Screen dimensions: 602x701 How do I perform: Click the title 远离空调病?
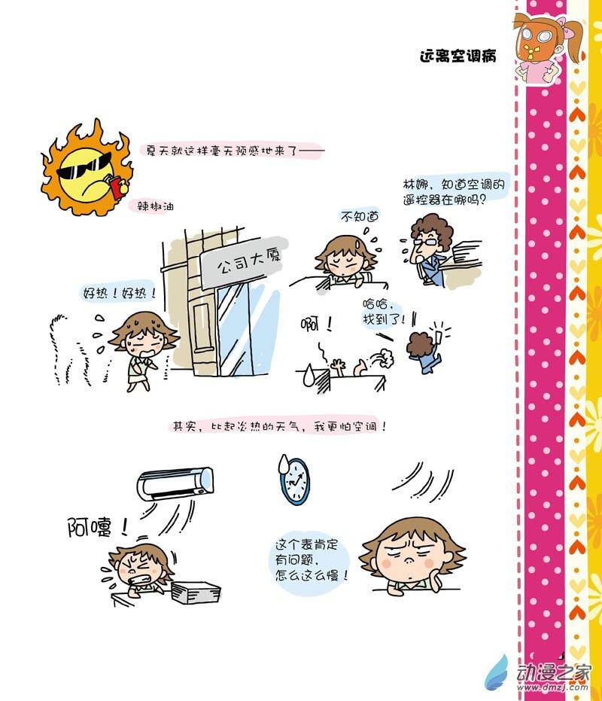458,56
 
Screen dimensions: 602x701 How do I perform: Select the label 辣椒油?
155,206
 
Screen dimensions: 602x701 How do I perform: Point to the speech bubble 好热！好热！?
120,294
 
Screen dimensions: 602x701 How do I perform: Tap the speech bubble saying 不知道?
360,217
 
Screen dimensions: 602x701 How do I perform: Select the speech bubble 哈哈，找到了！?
383,312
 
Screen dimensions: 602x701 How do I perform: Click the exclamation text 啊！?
316,324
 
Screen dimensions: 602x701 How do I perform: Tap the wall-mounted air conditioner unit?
175,483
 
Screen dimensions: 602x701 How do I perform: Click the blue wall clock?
294,481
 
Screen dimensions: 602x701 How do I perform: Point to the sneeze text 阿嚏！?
97,528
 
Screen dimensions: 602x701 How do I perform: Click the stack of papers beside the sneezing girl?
196,592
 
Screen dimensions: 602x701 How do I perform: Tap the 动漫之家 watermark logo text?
554,672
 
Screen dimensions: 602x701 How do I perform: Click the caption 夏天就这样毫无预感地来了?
222,151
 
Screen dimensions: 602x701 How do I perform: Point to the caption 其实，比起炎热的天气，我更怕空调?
279,426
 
